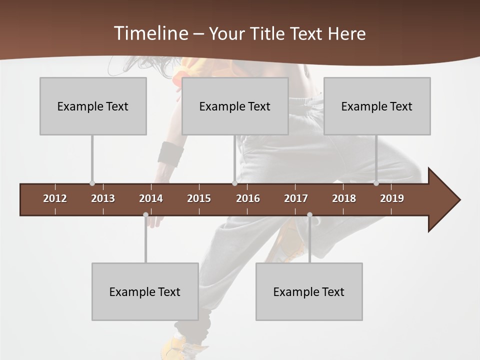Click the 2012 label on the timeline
(55, 198)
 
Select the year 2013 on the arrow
(103, 198)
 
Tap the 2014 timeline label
(151, 198)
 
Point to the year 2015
(199, 198)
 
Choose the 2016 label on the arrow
(248, 198)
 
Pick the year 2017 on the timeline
(296, 198)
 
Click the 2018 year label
(344, 198)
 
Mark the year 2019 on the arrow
(392, 198)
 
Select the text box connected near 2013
(93, 106)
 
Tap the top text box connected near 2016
(235, 106)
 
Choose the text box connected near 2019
(377, 106)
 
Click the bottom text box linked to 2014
(145, 291)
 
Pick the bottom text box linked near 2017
(309, 291)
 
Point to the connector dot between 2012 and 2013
(92, 183)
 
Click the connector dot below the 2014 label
(145, 215)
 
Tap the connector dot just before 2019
(376, 183)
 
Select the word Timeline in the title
(150, 33)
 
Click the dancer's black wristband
(170, 153)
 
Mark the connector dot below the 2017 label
(309, 215)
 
